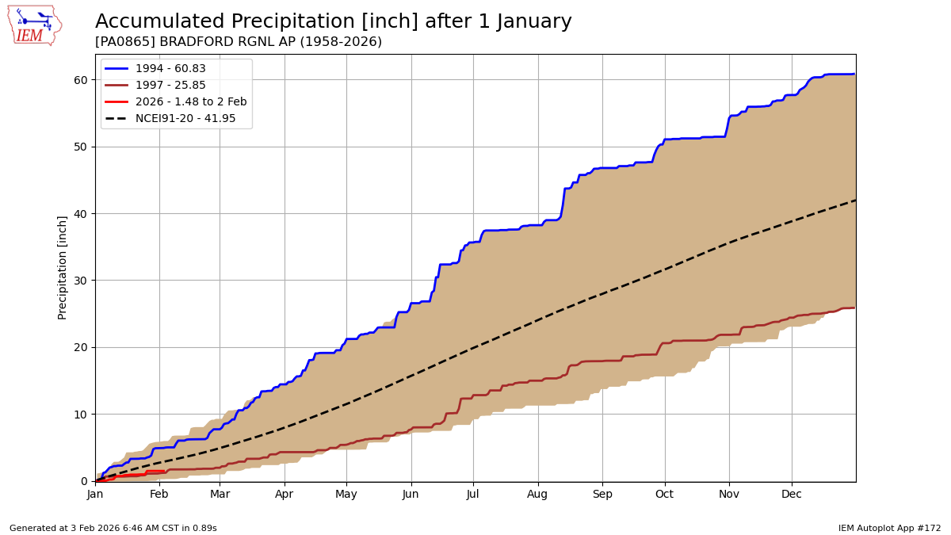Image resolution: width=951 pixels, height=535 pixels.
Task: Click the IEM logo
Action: click(x=34, y=25)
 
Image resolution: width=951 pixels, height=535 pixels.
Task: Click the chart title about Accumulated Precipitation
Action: click(x=333, y=21)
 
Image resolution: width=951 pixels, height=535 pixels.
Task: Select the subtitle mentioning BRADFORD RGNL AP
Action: click(x=238, y=42)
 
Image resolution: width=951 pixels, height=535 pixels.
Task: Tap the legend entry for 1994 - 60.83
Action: click(x=170, y=69)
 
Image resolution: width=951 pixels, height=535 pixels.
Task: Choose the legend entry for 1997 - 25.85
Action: click(x=170, y=86)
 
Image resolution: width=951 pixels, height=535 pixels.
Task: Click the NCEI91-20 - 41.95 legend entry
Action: click(x=185, y=118)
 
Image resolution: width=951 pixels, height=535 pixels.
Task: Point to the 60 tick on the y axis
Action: click(x=82, y=80)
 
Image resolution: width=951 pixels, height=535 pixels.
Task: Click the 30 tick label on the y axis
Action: click(x=82, y=281)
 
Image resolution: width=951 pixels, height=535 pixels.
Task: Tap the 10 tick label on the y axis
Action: click(x=82, y=415)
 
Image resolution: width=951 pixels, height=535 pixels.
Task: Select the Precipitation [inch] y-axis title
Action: click(x=63, y=267)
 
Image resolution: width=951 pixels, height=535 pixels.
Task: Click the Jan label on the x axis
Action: click(x=95, y=494)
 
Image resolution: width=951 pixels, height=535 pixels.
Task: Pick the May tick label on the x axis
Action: click(x=346, y=494)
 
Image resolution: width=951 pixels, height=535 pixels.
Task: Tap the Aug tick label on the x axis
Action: click(x=538, y=494)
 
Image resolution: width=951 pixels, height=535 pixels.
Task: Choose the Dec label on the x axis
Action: click(x=792, y=494)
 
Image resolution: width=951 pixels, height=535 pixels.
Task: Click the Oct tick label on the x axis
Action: click(x=664, y=494)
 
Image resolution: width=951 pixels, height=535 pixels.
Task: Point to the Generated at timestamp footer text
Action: click(x=113, y=528)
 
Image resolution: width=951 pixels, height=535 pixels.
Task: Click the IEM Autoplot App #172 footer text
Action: click(x=889, y=528)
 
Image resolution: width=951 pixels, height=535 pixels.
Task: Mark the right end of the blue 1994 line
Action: click(x=854, y=74)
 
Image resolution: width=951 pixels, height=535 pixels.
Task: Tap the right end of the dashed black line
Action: click(x=855, y=200)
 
